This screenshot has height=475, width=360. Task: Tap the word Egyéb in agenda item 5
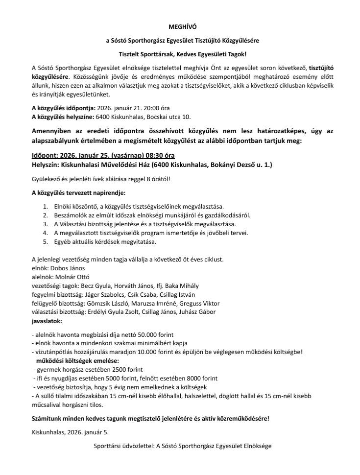click(63, 242)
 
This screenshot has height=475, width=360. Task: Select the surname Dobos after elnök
click(58, 268)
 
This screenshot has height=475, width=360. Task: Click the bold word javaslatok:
click(47, 321)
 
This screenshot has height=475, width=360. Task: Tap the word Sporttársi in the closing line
click(108, 447)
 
